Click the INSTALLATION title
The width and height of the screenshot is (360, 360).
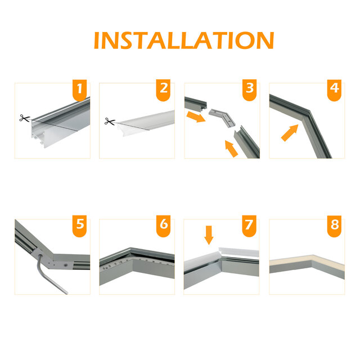183,40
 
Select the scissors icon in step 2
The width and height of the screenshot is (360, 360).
109,121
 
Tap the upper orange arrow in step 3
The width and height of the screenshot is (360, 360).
196,117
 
